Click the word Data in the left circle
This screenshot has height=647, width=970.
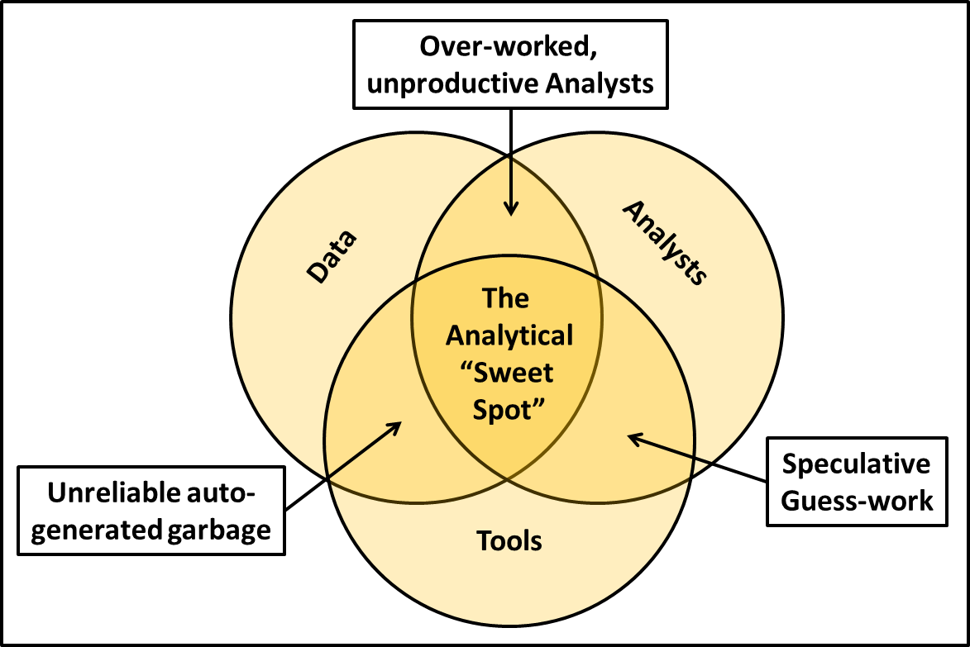coord(332,257)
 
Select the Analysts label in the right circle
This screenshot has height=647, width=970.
coord(664,243)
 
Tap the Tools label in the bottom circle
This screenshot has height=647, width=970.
coord(509,541)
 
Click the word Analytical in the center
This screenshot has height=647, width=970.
coord(509,335)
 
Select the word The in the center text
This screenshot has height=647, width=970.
coord(505,298)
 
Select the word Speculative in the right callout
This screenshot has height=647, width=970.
coord(856,464)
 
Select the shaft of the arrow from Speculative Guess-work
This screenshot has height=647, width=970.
coord(703,458)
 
